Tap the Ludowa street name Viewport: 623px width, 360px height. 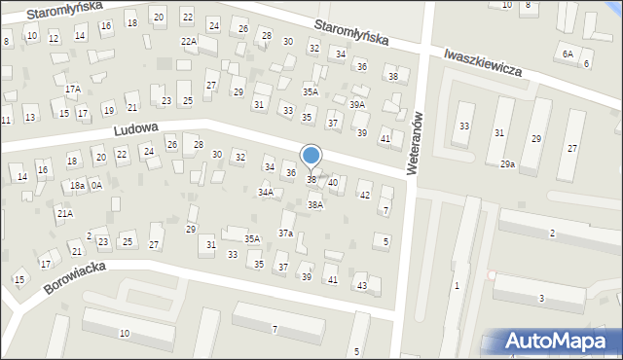134,128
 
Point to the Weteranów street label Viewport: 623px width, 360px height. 415,141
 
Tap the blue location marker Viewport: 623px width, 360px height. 311,156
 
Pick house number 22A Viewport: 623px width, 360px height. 189,42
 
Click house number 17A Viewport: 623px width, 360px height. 72,89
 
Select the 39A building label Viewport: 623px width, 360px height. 357,104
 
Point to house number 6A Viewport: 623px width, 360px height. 568,54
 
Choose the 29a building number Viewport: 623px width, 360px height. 507,164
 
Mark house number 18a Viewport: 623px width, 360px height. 77,185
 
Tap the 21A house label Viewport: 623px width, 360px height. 64,213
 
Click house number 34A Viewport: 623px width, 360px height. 265,193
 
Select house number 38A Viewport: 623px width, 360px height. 315,205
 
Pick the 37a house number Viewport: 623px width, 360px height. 285,233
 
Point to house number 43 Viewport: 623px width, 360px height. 362,285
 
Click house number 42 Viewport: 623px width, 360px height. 365,196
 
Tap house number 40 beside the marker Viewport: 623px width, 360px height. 333,182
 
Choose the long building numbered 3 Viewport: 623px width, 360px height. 541,298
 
